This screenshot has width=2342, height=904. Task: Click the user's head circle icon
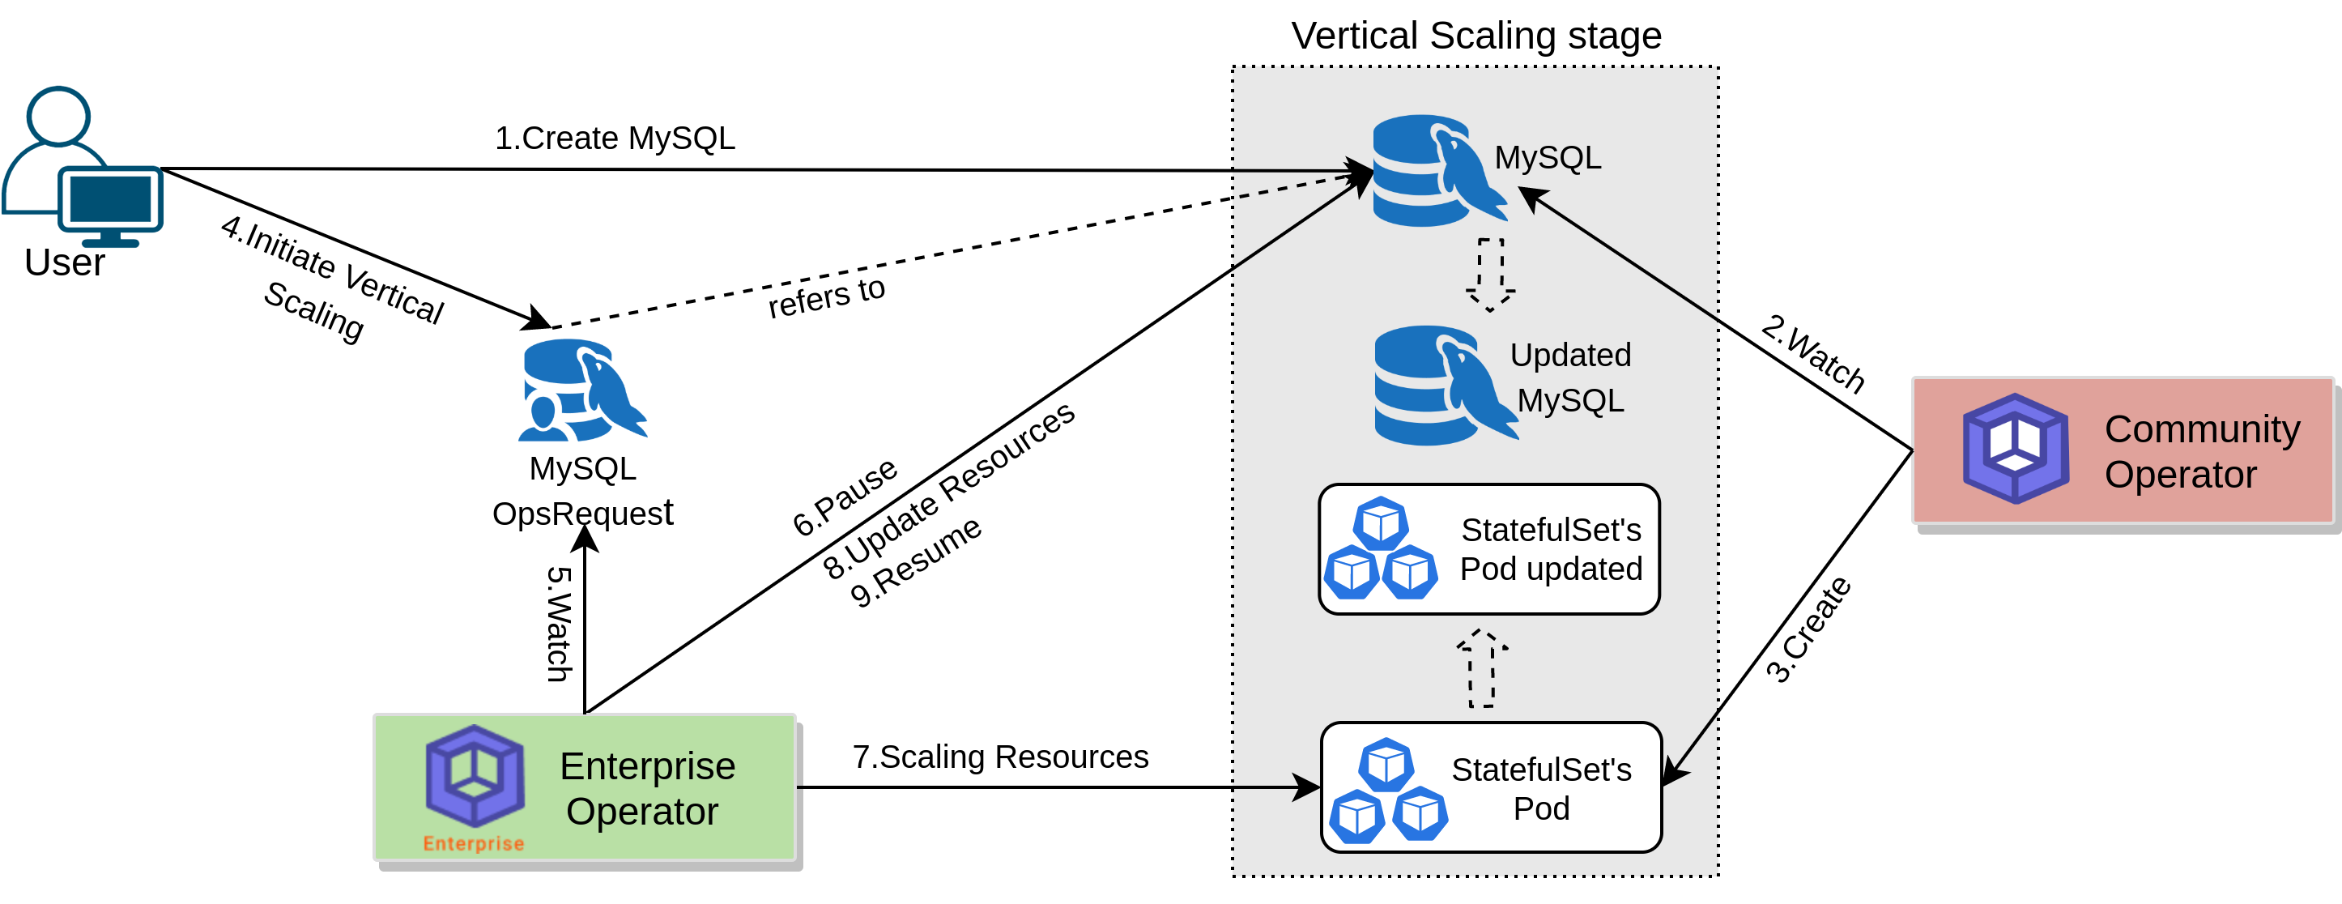click(58, 116)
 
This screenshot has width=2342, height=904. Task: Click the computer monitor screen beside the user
click(111, 199)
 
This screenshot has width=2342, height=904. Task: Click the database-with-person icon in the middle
click(582, 391)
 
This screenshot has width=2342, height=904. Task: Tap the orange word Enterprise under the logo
click(473, 843)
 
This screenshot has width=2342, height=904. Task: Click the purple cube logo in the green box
click(475, 775)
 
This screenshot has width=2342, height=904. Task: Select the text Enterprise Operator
click(646, 787)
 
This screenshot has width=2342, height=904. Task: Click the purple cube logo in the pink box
click(2015, 449)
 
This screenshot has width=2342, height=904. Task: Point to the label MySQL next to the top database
click(1548, 157)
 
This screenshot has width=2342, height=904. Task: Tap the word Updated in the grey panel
click(1570, 355)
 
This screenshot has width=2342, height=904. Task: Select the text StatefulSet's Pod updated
click(1550, 549)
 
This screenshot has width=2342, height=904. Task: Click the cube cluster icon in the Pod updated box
click(1380, 548)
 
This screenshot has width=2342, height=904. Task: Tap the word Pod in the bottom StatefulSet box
click(1541, 808)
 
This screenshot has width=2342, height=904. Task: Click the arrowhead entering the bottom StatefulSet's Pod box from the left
click(1307, 787)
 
